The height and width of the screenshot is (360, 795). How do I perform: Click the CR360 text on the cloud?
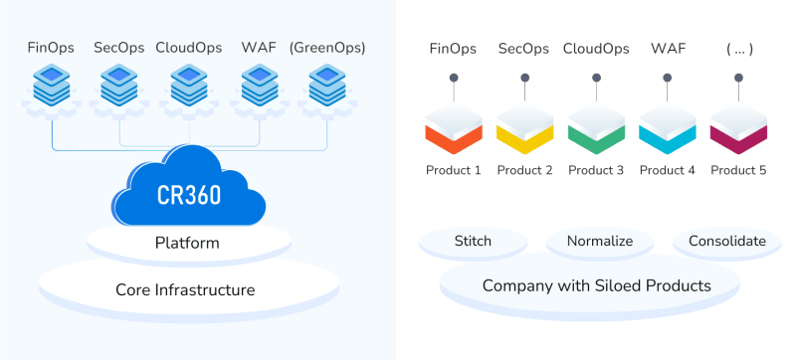tap(189, 194)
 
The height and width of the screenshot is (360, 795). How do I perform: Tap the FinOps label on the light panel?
tap(50, 47)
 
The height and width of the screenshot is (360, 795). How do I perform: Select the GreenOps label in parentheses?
tap(326, 47)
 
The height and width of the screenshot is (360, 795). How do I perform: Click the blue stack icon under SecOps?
tap(118, 87)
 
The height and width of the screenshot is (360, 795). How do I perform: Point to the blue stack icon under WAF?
tap(257, 87)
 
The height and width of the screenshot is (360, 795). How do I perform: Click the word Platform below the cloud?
tap(187, 243)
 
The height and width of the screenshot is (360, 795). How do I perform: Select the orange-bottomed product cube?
tap(454, 127)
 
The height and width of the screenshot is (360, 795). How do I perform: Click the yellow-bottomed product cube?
tap(524, 127)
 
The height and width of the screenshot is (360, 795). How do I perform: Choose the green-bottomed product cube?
tap(596, 127)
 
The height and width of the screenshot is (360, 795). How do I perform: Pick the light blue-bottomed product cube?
tap(667, 127)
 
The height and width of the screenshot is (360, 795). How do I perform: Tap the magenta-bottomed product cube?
tap(737, 127)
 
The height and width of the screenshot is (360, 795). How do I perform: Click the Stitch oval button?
tap(473, 241)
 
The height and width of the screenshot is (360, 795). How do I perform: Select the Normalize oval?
tap(600, 241)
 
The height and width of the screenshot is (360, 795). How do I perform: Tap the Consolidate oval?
tap(727, 241)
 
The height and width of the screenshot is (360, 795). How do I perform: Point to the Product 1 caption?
tap(454, 170)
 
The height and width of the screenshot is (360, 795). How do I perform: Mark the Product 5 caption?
tap(737, 170)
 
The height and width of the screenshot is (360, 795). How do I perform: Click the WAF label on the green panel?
tap(667, 47)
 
